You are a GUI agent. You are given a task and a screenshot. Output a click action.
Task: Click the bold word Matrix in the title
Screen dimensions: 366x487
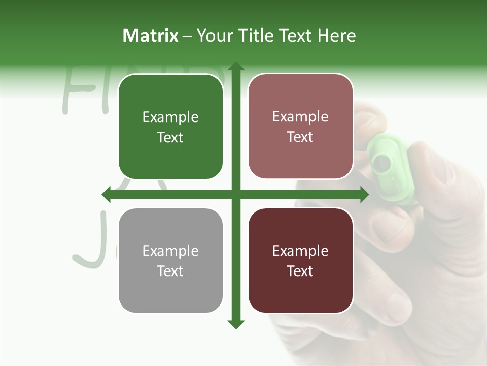151,36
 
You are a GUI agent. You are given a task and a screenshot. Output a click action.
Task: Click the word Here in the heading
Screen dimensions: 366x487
336,36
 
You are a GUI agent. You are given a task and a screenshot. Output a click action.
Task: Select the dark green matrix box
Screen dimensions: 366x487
170,127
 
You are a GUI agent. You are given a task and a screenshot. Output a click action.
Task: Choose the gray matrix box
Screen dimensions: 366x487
170,260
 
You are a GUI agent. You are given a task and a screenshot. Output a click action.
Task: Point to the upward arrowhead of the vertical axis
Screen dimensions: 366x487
236,66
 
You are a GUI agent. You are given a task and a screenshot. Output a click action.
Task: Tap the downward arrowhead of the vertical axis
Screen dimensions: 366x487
236,324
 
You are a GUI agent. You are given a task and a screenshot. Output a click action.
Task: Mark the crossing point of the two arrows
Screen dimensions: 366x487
236,194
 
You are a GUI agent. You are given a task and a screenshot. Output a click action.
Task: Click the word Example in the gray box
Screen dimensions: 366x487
170,251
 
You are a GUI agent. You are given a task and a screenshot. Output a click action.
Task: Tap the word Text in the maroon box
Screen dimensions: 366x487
300,271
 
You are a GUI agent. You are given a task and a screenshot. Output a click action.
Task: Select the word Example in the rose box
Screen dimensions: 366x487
300,117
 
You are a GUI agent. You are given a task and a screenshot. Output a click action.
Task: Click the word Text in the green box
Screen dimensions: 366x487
170,138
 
